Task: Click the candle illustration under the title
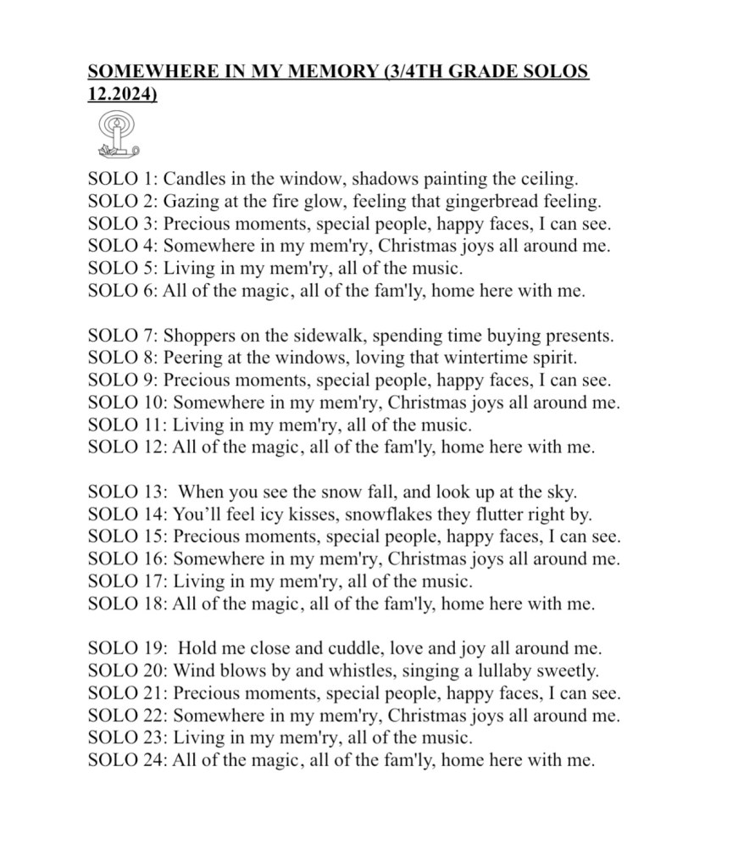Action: (117, 136)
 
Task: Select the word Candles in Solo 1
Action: (192, 179)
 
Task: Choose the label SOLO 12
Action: (126, 447)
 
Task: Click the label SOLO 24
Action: (126, 760)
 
